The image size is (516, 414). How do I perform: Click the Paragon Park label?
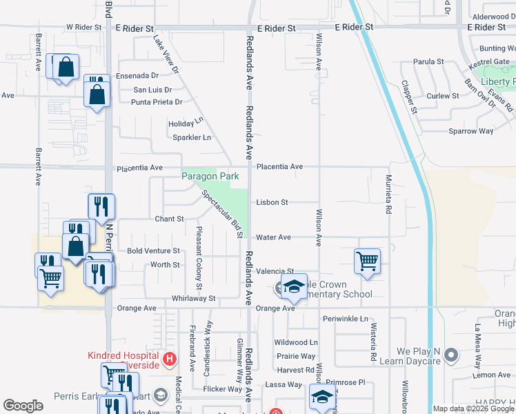tap(210, 177)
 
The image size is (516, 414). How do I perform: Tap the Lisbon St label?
tap(272, 203)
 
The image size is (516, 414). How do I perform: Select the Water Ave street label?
tap(273, 237)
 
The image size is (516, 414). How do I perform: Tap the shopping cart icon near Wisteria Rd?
tap(368, 262)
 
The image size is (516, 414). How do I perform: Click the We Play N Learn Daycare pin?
tap(451, 356)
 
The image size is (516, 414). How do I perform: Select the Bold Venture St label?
tap(153, 251)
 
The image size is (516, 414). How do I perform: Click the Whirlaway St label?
tap(194, 299)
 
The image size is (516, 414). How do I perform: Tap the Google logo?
tap(23, 406)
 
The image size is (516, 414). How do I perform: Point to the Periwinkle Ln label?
tap(344, 319)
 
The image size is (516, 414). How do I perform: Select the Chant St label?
tap(169, 219)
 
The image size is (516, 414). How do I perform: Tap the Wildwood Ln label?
tap(296, 342)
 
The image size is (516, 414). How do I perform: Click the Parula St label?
tap(428, 62)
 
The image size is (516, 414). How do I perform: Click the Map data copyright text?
tap(473, 408)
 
